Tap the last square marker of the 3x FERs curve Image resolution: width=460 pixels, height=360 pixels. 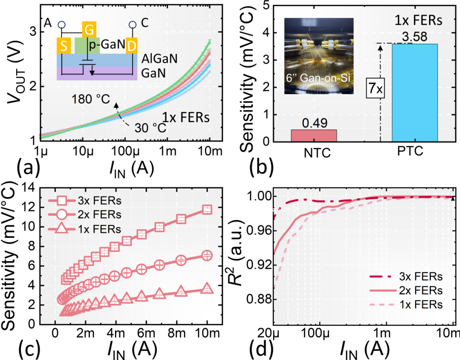207,209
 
